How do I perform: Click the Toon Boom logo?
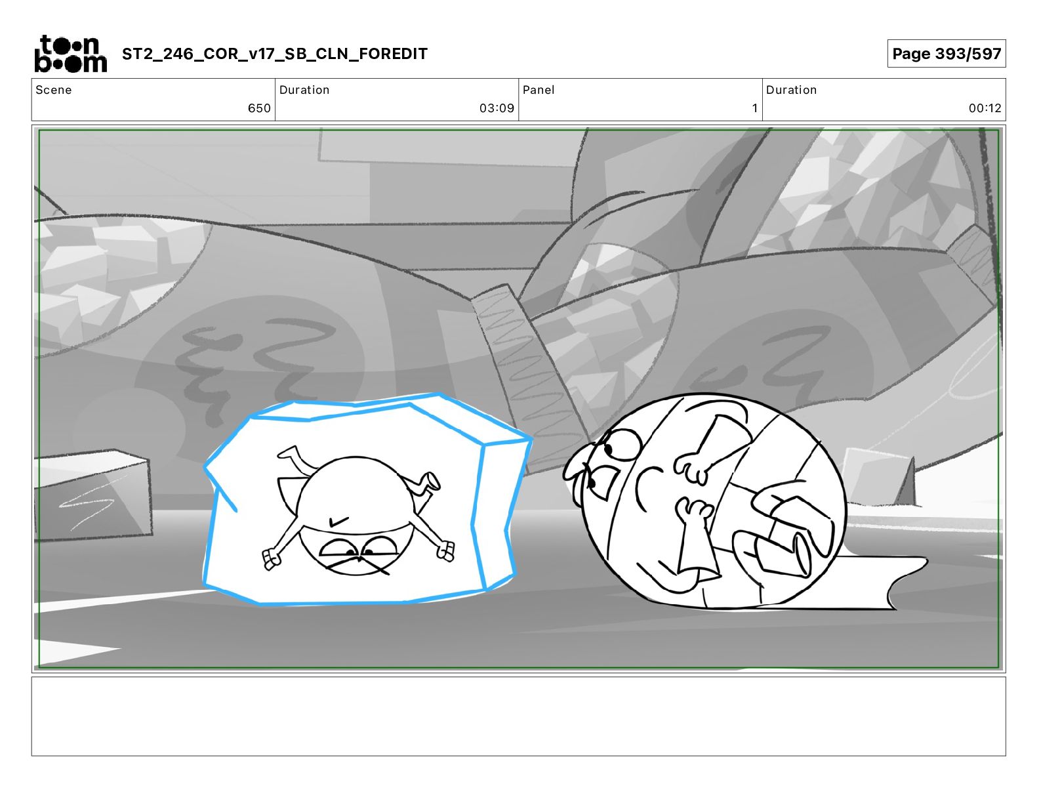[x=71, y=54]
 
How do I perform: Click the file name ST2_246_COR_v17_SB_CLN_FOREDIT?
[x=274, y=54]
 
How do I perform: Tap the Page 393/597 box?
[x=947, y=54]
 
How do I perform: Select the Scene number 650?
[x=259, y=108]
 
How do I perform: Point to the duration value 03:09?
[x=497, y=108]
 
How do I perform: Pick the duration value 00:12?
[x=985, y=108]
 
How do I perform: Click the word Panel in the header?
[x=539, y=90]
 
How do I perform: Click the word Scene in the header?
[x=54, y=90]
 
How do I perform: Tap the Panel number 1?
[x=754, y=108]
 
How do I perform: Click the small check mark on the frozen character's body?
[x=339, y=522]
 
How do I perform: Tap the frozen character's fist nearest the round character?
[x=445, y=550]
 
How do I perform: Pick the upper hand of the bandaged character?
[x=691, y=468]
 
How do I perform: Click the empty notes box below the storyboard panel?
[x=519, y=716]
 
